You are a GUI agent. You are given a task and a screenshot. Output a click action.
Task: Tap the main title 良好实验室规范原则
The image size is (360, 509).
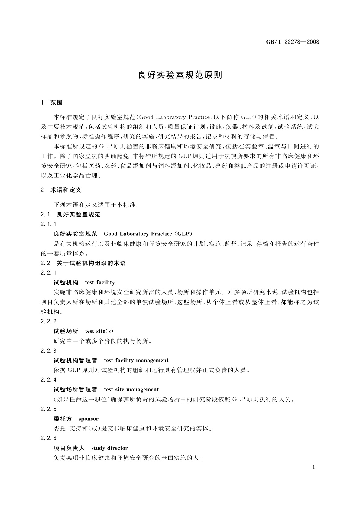coord(180,75)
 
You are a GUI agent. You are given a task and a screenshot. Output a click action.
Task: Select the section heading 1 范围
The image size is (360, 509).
coord(52,103)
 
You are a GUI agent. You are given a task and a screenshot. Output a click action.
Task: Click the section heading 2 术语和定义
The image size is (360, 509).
coord(61,190)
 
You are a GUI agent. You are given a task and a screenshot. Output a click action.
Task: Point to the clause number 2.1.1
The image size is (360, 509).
coord(48,224)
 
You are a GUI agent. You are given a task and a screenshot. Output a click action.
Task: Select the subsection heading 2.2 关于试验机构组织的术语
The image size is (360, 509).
coord(83,263)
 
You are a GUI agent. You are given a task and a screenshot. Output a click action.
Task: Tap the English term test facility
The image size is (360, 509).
coord(100,283)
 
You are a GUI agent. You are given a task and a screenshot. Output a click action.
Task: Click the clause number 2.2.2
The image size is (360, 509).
coord(48,321)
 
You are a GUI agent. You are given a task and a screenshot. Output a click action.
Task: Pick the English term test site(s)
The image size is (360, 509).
coord(99,331)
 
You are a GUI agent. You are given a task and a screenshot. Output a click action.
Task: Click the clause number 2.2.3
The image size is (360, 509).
coord(48,351)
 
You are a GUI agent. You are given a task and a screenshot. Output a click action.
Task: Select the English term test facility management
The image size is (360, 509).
coord(136,360)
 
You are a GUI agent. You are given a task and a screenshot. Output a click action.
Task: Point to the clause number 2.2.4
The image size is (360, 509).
coord(48,380)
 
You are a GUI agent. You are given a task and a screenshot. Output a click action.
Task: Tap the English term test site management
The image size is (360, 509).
coord(131,389)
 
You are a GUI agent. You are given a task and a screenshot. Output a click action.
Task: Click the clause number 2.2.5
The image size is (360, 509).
coord(48,409)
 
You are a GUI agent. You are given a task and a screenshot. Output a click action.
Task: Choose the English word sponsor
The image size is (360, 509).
coord(88,419)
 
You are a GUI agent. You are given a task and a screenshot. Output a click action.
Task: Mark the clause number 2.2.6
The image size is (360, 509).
coord(48,438)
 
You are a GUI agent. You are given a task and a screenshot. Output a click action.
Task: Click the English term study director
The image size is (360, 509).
coord(109,448)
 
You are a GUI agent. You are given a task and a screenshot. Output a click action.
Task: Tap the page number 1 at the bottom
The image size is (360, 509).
coord(313,467)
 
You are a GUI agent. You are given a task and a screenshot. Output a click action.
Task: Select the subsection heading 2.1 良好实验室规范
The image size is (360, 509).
coord(70,215)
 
